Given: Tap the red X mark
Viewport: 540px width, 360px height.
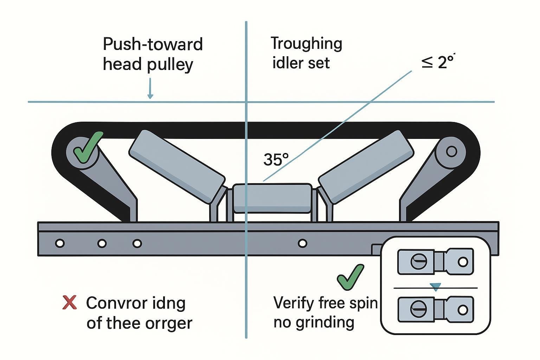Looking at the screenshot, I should (x=69, y=302).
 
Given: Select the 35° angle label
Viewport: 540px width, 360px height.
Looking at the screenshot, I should (x=276, y=160).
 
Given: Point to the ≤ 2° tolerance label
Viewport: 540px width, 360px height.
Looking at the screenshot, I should (x=438, y=62).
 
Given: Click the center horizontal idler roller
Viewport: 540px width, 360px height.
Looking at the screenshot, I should (x=272, y=198).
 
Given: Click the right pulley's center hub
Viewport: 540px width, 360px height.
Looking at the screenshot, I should (x=451, y=152).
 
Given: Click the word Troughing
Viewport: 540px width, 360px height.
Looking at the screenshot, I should (x=306, y=44).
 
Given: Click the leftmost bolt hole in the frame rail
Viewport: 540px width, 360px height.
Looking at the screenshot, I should (x=60, y=243).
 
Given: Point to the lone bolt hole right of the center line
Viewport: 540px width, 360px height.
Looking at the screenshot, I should (x=302, y=243).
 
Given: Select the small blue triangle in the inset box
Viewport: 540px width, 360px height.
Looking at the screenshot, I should (x=436, y=287).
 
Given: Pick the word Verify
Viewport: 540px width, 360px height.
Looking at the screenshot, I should (x=294, y=302).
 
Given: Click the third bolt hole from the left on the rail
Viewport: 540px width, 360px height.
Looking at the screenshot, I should (x=137, y=243).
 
